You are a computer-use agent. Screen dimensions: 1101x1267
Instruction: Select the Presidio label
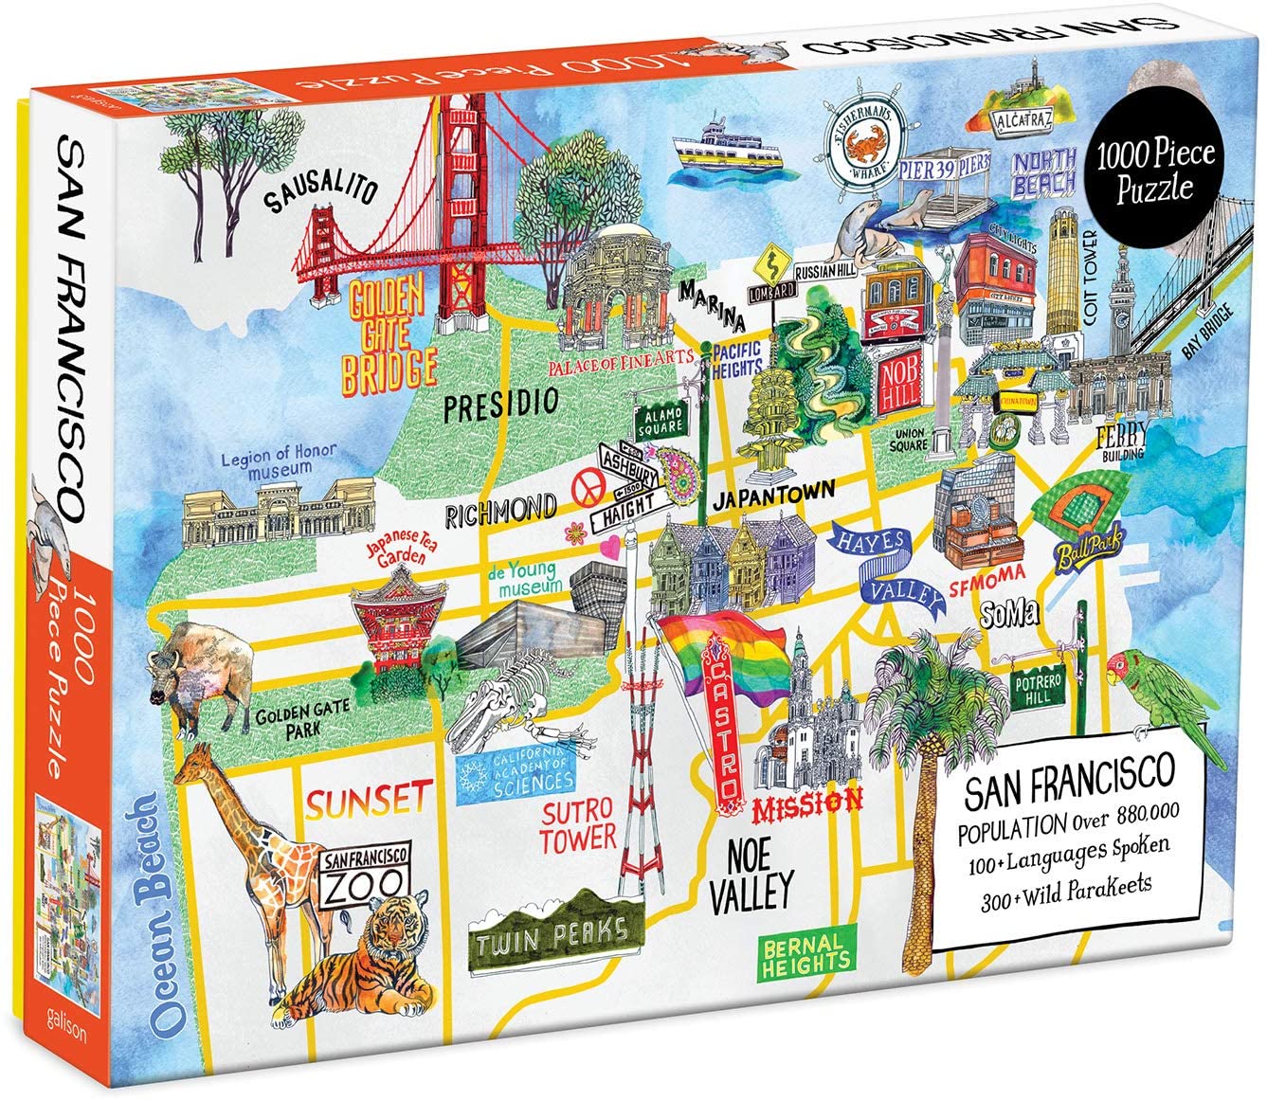(501, 403)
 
